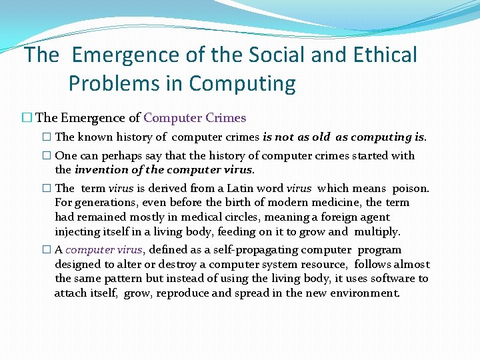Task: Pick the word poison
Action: point(411,188)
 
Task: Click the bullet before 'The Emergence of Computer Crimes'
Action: point(27,118)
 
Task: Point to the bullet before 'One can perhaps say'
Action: point(45,156)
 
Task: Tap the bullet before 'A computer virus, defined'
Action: point(45,250)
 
